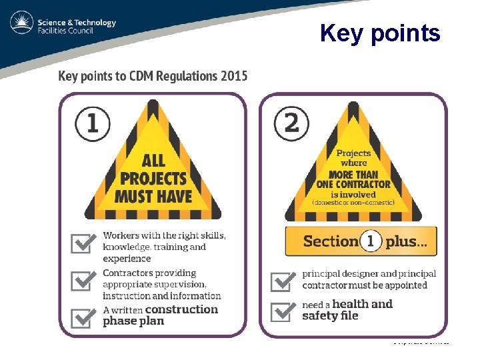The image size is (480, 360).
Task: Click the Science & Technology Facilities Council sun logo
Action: pyautogui.click(x=22, y=24)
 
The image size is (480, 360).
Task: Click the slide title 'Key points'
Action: pyautogui.click(x=379, y=33)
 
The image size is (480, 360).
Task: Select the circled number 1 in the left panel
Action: pyautogui.click(x=92, y=123)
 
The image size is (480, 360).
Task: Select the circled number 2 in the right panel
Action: pyautogui.click(x=291, y=123)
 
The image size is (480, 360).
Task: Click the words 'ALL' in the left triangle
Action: pyautogui.click(x=153, y=161)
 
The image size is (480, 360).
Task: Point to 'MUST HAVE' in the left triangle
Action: pyautogui.click(x=153, y=197)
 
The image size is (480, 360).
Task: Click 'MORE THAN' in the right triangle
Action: pyautogui.click(x=353, y=175)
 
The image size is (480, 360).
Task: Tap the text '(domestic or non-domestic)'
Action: pyautogui.click(x=353, y=202)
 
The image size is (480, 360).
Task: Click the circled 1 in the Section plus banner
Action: pyautogui.click(x=370, y=241)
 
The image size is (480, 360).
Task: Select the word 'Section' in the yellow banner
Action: pyautogui.click(x=331, y=241)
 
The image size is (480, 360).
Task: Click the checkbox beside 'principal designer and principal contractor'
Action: pyautogui.click(x=283, y=280)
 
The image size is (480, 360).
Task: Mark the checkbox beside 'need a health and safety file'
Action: pyautogui.click(x=283, y=310)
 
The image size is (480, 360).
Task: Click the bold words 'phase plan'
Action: pyautogui.click(x=133, y=321)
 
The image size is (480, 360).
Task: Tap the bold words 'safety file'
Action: pyautogui.click(x=330, y=316)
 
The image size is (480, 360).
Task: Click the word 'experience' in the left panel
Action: pyautogui.click(x=127, y=259)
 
